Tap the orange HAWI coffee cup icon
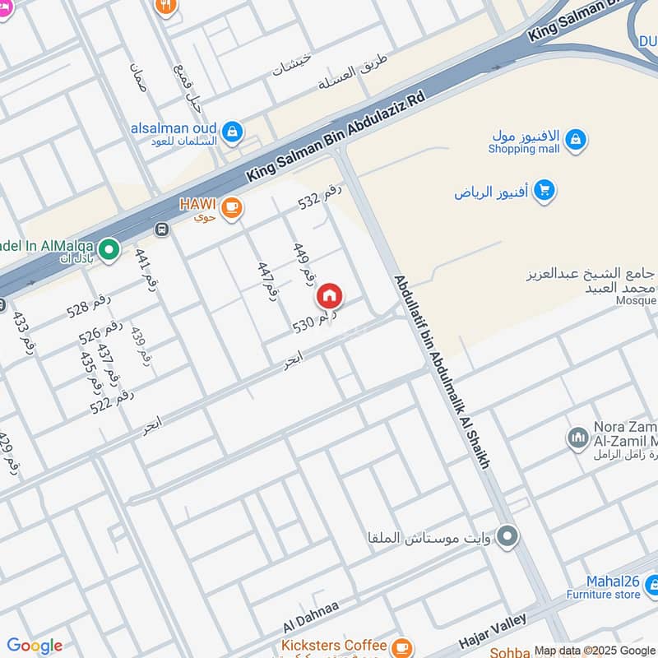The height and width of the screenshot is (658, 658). point(232,207)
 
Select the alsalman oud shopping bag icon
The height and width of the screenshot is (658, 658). point(233,131)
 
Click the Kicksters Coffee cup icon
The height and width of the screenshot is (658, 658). point(401,646)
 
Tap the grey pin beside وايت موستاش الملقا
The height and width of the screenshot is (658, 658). point(508,537)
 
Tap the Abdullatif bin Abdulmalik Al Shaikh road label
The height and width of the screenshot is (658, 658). point(441,372)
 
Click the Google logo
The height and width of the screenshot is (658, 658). point(35,646)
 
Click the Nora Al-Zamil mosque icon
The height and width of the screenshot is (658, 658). point(577,438)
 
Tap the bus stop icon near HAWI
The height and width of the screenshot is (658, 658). point(162,229)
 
